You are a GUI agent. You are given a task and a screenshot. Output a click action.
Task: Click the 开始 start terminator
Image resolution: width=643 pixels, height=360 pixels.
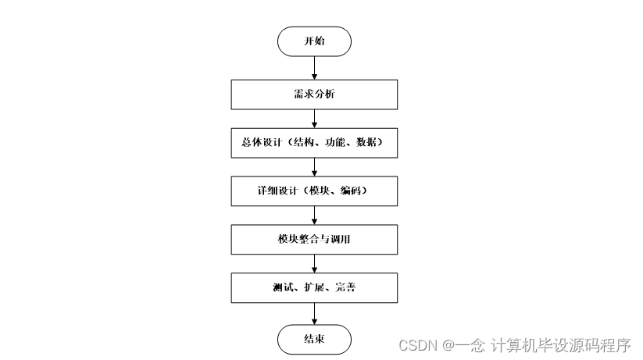(x=314, y=41)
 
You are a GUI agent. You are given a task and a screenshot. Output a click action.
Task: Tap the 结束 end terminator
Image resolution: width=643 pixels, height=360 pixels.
(x=314, y=340)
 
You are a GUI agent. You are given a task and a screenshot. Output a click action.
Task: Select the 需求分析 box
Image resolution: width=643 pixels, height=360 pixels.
(x=314, y=95)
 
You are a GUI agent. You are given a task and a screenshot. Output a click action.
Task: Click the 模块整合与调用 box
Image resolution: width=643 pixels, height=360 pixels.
(x=314, y=239)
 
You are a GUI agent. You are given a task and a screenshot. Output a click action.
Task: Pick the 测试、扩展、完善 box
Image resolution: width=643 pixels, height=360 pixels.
(x=314, y=288)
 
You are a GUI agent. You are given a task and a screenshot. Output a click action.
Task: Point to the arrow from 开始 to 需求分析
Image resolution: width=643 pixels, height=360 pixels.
(x=314, y=68)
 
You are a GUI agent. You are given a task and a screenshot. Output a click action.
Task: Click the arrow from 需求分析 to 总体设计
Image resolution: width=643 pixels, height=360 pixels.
(x=314, y=119)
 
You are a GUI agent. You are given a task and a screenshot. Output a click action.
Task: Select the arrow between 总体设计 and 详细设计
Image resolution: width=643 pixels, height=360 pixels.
(x=314, y=167)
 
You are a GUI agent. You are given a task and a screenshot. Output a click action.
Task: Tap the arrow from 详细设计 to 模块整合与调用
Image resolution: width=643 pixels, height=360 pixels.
(x=314, y=215)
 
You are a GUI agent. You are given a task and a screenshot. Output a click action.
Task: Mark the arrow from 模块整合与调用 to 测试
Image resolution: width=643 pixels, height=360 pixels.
(x=314, y=264)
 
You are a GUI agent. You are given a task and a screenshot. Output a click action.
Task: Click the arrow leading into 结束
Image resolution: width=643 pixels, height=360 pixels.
(x=314, y=314)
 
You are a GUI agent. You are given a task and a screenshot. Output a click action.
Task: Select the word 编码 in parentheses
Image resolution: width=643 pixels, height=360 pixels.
(x=350, y=191)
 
